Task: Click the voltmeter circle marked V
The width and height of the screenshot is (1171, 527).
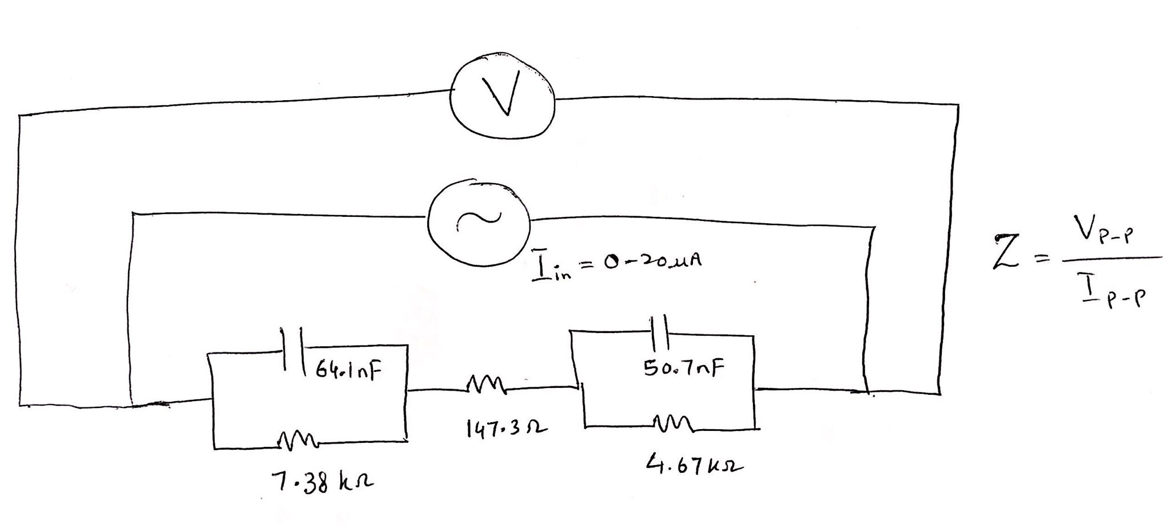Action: [502, 96]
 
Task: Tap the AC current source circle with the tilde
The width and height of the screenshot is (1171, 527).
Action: [479, 224]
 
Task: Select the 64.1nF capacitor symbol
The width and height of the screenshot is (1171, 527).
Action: [292, 350]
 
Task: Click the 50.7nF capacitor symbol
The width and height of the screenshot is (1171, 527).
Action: [660, 332]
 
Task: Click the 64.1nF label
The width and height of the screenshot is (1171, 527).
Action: [348, 373]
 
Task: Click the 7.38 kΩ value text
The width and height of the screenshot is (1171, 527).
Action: [322, 484]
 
